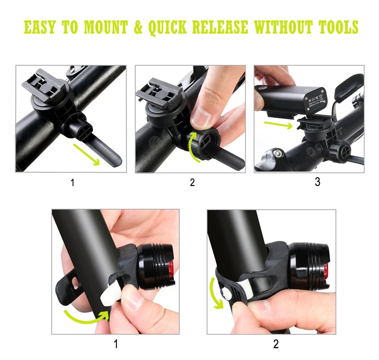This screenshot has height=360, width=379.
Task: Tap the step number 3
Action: [x=317, y=182]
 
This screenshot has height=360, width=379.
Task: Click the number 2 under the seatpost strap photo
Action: [x=276, y=344]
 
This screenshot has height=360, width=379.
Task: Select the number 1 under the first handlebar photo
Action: [x=72, y=182]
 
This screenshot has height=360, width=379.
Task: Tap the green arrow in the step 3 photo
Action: [x=278, y=126]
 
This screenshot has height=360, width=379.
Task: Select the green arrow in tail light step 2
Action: [x=215, y=293]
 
